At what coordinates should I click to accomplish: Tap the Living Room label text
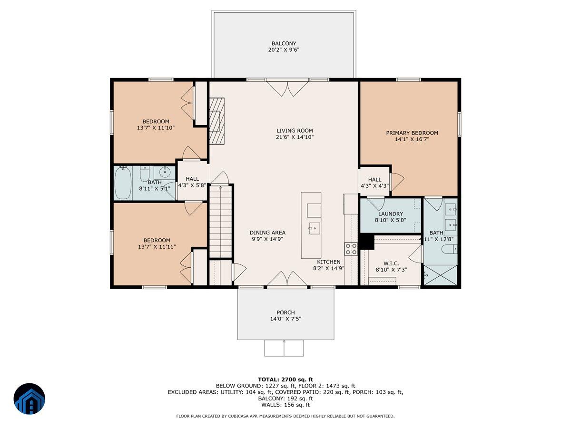click(295, 131)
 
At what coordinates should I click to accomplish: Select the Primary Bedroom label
click(412, 133)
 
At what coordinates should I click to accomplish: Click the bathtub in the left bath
click(124, 183)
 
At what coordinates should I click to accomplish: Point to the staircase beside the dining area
click(220, 221)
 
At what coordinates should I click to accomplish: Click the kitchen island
click(311, 225)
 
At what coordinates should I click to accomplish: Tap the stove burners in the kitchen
click(351, 249)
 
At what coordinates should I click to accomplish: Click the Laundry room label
click(391, 214)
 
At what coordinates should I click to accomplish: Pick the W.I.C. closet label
click(391, 263)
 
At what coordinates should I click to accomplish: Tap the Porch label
click(285, 312)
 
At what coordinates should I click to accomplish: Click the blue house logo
click(30, 399)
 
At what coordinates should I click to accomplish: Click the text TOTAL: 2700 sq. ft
click(285, 379)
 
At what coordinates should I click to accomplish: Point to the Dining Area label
click(267, 233)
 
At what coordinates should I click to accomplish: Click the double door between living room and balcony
click(287, 88)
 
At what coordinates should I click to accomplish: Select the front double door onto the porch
click(287, 281)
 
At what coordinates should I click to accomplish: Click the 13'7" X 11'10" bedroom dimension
click(156, 128)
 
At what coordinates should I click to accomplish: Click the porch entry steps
click(284, 348)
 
